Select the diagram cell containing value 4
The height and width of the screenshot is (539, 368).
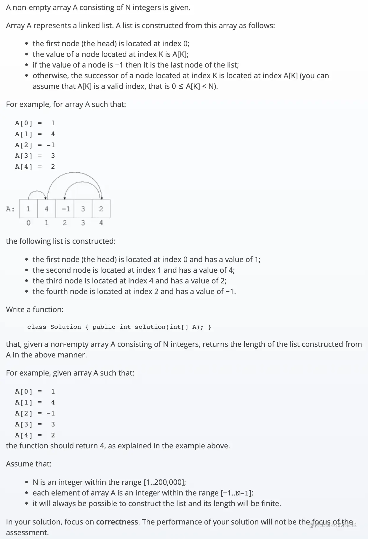pos(47,209)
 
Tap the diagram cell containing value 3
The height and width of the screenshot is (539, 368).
pos(83,209)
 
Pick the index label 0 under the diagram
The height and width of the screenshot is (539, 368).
pos(28,223)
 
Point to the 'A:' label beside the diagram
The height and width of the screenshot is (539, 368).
pos(10,209)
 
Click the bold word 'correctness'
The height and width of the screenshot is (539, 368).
pos(117,522)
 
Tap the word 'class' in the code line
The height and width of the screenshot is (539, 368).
pos(37,327)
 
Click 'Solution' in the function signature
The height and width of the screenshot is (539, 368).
pos(65,327)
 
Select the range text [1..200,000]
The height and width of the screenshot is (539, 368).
pos(164,482)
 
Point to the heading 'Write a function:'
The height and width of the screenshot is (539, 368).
pos(35,309)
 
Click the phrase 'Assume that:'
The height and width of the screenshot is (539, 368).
pos(29,464)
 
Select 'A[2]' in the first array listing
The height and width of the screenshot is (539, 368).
pos(24,145)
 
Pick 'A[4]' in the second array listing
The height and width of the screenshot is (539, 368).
pos(24,435)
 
